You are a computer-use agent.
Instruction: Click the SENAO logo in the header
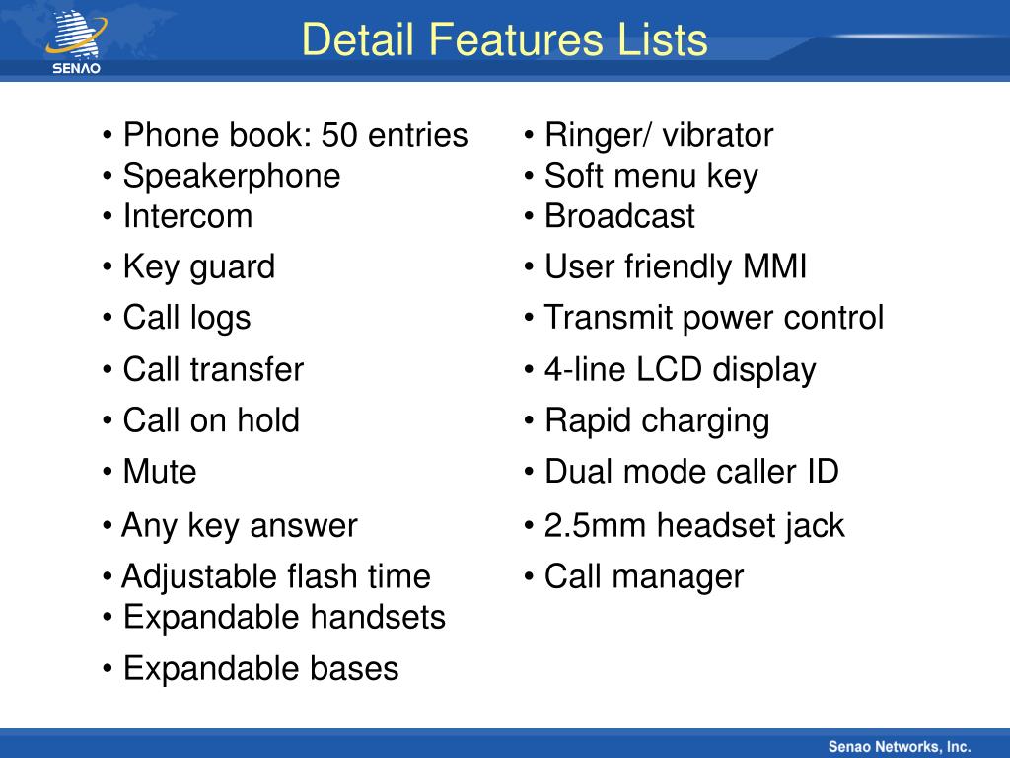pyautogui.click(x=77, y=41)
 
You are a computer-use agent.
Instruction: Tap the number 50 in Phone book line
pyautogui.click(x=339, y=135)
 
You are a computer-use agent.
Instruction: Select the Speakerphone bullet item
pyautogui.click(x=231, y=177)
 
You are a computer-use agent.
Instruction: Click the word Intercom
pyautogui.click(x=187, y=216)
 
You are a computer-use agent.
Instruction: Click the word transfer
pyautogui.click(x=246, y=369)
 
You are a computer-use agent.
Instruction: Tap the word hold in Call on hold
pyautogui.click(x=268, y=420)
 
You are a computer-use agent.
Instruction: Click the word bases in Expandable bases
pyautogui.click(x=354, y=668)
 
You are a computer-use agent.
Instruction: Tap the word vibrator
pyautogui.click(x=718, y=135)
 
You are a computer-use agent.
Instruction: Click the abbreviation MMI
pyautogui.click(x=774, y=266)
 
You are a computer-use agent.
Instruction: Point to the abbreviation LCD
pyautogui.click(x=669, y=370)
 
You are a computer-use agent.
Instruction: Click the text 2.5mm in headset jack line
pyautogui.click(x=595, y=525)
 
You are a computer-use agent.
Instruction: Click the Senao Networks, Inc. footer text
pyautogui.click(x=900, y=747)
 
